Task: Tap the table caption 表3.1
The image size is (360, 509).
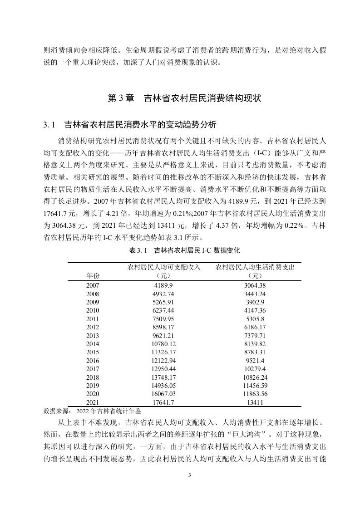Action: pyautogui.click(x=137, y=250)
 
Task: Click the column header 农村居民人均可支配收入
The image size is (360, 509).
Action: pyautogui.click(x=164, y=267)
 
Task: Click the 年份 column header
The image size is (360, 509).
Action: pyautogui.click(x=92, y=275)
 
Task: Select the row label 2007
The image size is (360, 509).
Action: pyautogui.click(x=92, y=285)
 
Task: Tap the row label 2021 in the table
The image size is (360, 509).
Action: pyautogui.click(x=92, y=402)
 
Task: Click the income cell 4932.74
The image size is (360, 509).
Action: pyautogui.click(x=164, y=294)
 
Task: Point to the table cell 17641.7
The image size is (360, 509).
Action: pyautogui.click(x=164, y=402)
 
